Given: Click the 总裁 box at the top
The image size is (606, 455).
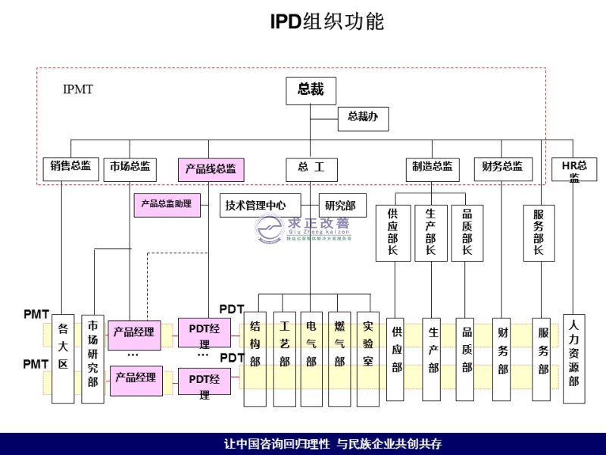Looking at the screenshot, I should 311,90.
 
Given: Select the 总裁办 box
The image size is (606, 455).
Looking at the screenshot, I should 363,118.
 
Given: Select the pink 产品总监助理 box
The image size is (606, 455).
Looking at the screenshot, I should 167,205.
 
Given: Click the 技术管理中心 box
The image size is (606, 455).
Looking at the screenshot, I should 255,206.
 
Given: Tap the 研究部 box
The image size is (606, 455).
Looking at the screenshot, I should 340,206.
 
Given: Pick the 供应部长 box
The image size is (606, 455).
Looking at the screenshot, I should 392,233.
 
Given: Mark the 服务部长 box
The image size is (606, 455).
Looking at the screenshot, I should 539,233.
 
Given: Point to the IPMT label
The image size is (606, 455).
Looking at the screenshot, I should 77,89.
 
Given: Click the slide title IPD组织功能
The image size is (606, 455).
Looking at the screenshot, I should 327,23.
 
